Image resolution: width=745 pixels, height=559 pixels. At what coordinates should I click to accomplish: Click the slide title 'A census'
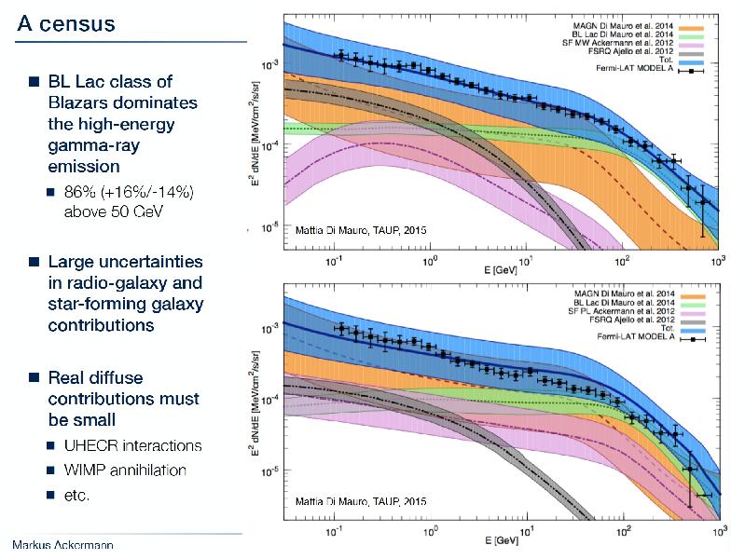click(x=65, y=23)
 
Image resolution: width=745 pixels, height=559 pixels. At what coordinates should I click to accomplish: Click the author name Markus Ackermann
click(x=62, y=544)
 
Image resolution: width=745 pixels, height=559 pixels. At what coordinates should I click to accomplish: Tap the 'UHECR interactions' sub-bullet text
click(x=132, y=445)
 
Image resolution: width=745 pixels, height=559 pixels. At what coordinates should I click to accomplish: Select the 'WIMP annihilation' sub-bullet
click(x=125, y=470)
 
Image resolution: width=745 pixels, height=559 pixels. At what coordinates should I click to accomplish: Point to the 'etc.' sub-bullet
click(x=76, y=496)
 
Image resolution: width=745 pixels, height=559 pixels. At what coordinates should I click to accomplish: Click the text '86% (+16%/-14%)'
click(x=128, y=192)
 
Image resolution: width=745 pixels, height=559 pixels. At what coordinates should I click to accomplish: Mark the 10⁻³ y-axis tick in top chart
click(x=268, y=64)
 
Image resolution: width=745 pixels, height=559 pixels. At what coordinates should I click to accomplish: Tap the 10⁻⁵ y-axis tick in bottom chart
click(x=268, y=472)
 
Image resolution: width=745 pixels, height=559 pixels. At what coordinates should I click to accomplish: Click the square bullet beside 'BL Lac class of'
click(x=33, y=82)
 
